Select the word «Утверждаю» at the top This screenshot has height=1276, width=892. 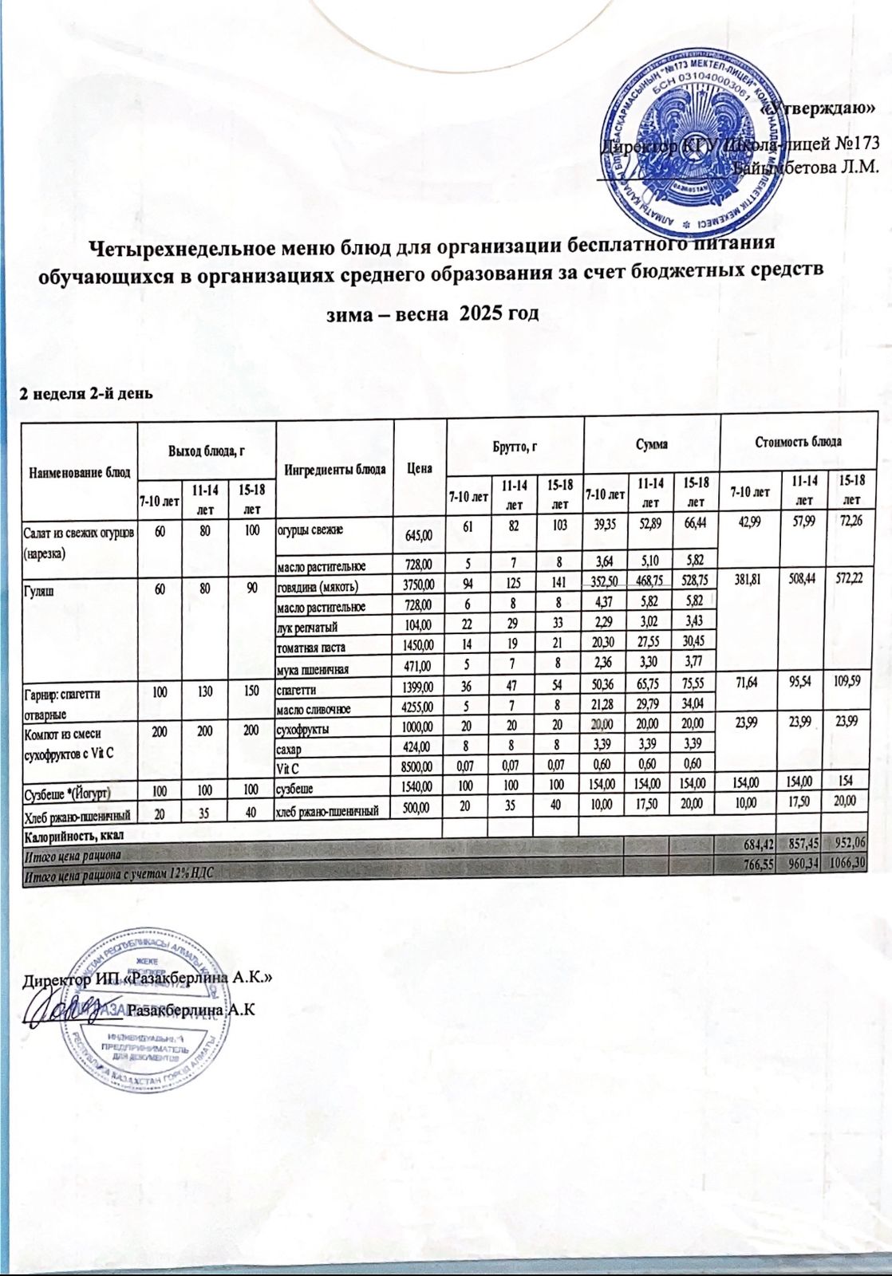coord(822,108)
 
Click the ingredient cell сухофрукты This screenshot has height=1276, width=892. coord(303,728)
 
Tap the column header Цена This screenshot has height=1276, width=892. coord(420,467)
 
